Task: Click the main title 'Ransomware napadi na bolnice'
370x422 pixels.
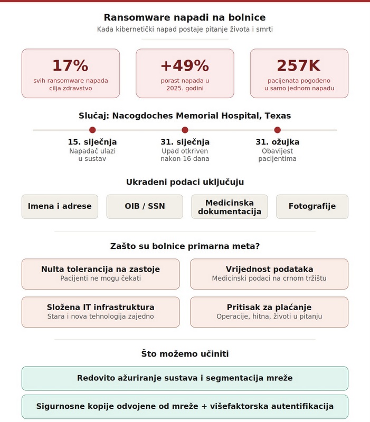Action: tap(185, 17)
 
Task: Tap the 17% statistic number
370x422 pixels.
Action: tap(70, 65)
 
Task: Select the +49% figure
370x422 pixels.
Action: tap(185, 65)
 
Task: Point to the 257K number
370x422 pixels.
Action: tap(299, 65)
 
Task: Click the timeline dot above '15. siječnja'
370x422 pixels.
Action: tap(92, 130)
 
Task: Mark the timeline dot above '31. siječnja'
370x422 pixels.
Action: tap(185, 130)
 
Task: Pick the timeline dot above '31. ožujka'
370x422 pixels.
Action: tap(278, 130)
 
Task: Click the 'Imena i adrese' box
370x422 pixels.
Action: tap(60, 206)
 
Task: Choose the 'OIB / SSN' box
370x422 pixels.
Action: tap(145, 206)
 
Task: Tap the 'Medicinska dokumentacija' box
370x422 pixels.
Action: tap(230, 207)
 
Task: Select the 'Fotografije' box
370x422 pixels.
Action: tap(312, 206)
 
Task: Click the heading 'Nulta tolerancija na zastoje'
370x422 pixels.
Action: tap(100, 269)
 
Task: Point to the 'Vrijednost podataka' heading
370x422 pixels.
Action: tap(269, 269)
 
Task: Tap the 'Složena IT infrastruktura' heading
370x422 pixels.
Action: tap(100, 307)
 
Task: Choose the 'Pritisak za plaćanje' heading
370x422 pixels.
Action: tap(269, 307)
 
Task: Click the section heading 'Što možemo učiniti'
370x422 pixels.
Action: tap(185, 354)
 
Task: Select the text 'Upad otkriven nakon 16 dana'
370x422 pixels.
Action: tap(185, 155)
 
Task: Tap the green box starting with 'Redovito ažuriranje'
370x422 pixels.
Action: tap(185, 378)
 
